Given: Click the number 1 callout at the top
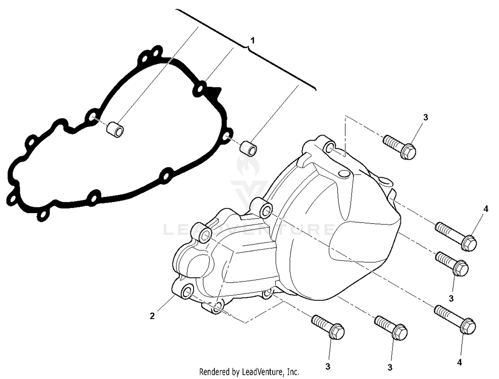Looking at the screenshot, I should (253, 41).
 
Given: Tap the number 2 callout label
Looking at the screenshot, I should (152, 316).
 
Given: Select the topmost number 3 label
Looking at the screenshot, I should (425, 117).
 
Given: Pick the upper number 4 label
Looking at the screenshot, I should (486, 209).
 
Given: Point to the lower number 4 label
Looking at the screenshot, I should (459, 362).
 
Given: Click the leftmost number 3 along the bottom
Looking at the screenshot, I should (328, 366).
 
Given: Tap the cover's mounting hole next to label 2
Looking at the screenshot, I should (187, 292).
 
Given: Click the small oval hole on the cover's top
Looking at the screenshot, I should (344, 174).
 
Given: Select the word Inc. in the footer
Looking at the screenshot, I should (292, 371).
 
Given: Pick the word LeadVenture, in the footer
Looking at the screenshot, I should (261, 371).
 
